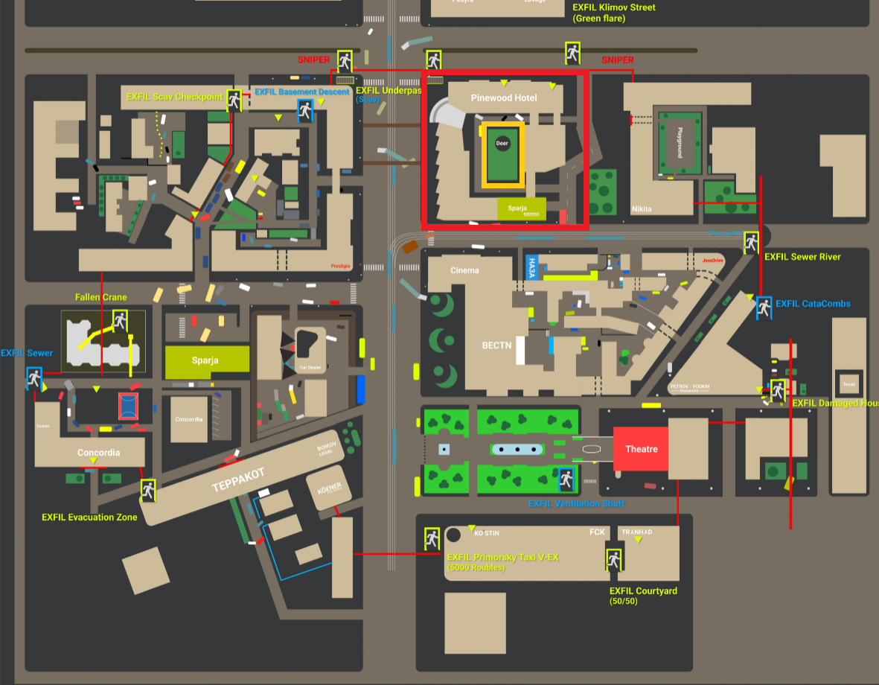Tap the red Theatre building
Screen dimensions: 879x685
641,449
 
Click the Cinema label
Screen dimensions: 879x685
464,270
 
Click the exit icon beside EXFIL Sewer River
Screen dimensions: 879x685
751,241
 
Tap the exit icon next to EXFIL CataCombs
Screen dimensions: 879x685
764,306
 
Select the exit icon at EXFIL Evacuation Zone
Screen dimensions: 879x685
148,489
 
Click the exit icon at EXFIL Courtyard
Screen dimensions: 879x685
614,558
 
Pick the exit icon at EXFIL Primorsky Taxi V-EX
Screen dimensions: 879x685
432,538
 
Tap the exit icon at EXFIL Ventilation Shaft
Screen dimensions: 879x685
566,479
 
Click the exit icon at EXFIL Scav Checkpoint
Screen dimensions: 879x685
234,100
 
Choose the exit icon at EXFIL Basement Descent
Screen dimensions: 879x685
305,110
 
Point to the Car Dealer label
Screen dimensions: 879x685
309,368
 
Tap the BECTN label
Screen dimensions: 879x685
496,345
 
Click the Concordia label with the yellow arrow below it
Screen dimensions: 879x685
99,453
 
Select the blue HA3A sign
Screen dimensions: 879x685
531,267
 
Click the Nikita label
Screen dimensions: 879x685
642,209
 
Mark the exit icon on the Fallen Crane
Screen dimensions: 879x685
119,322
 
